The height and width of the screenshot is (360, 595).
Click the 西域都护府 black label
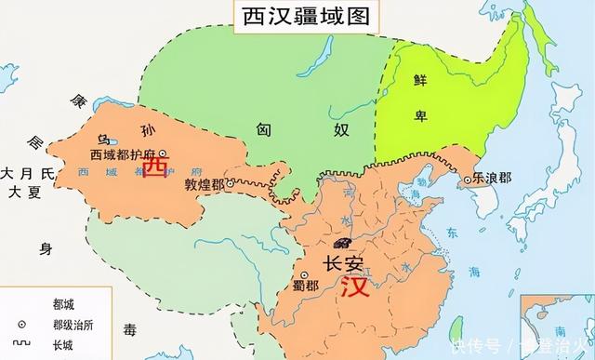[x=124, y=153]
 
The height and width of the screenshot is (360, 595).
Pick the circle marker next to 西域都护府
[x=163, y=153]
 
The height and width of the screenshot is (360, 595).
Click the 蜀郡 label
[x=304, y=285]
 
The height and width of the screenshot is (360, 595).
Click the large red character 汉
[x=354, y=287]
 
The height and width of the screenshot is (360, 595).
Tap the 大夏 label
[x=20, y=193]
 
